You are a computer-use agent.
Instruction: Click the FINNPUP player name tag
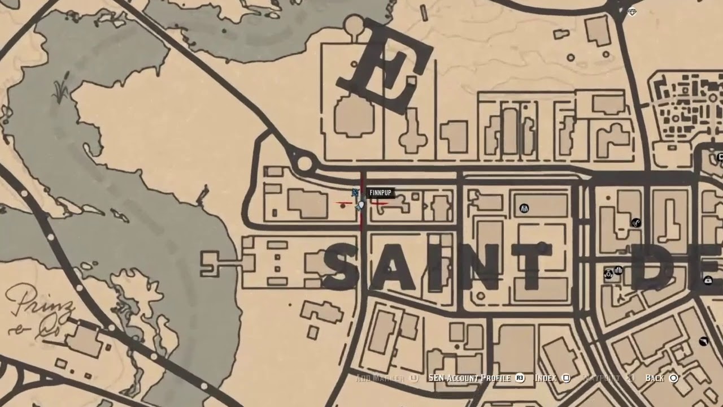click(380, 193)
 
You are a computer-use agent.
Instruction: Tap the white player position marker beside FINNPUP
click(361, 205)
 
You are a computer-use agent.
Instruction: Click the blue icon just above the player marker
click(355, 193)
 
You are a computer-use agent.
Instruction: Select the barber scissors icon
click(636, 223)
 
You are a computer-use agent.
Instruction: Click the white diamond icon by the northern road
click(632, 12)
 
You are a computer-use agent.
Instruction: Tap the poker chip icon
click(608, 274)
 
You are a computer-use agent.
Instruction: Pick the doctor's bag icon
click(708, 280)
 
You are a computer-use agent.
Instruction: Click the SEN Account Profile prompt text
click(469, 378)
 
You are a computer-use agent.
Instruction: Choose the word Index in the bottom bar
click(545, 378)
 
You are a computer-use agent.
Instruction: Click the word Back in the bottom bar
click(655, 378)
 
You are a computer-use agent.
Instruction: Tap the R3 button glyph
click(520, 378)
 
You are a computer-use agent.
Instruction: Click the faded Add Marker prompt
click(379, 378)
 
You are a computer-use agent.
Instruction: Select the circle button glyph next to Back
click(673, 378)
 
